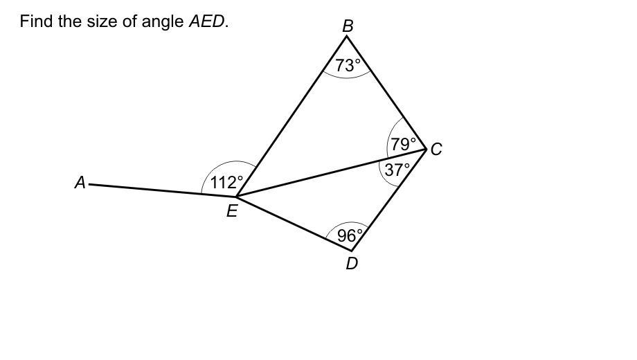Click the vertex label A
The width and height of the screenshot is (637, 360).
[80, 183]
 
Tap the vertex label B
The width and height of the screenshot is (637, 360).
[348, 26]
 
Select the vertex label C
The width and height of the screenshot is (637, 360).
[436, 150]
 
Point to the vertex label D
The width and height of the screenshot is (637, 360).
[352, 264]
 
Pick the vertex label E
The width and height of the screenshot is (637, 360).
[232, 212]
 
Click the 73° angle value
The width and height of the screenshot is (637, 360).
[348, 65]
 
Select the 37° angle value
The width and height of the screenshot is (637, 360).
[397, 170]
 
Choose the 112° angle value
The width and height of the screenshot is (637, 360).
[226, 183]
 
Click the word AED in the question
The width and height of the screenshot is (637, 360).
[206, 21]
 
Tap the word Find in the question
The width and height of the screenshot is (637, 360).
[35, 21]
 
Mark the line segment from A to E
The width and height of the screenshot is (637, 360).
[163, 190]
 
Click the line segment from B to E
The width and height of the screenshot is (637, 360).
[291, 116]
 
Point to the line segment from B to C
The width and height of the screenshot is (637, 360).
[386, 92]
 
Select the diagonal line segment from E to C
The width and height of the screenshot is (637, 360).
[331, 172]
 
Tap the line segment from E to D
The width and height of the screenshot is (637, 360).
[294, 223]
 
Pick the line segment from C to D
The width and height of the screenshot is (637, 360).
[389, 199]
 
